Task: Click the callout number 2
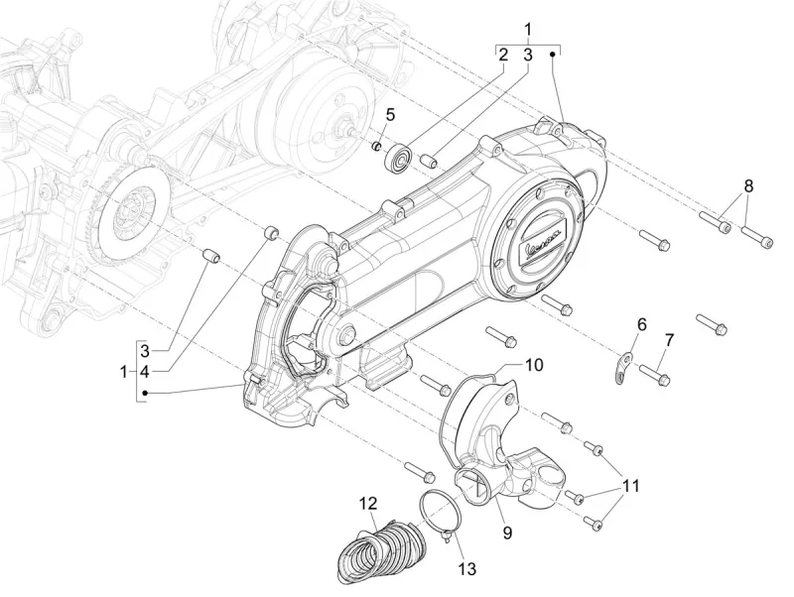click(x=503, y=55)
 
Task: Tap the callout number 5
click(x=391, y=114)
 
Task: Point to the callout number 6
click(x=641, y=324)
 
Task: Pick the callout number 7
click(x=669, y=340)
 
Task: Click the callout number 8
click(x=749, y=185)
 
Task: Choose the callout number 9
click(x=506, y=533)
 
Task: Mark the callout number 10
click(x=534, y=365)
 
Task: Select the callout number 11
click(x=631, y=486)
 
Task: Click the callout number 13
click(x=466, y=568)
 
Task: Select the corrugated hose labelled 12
click(x=377, y=550)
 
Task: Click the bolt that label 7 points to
click(x=656, y=374)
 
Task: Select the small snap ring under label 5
click(x=378, y=148)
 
